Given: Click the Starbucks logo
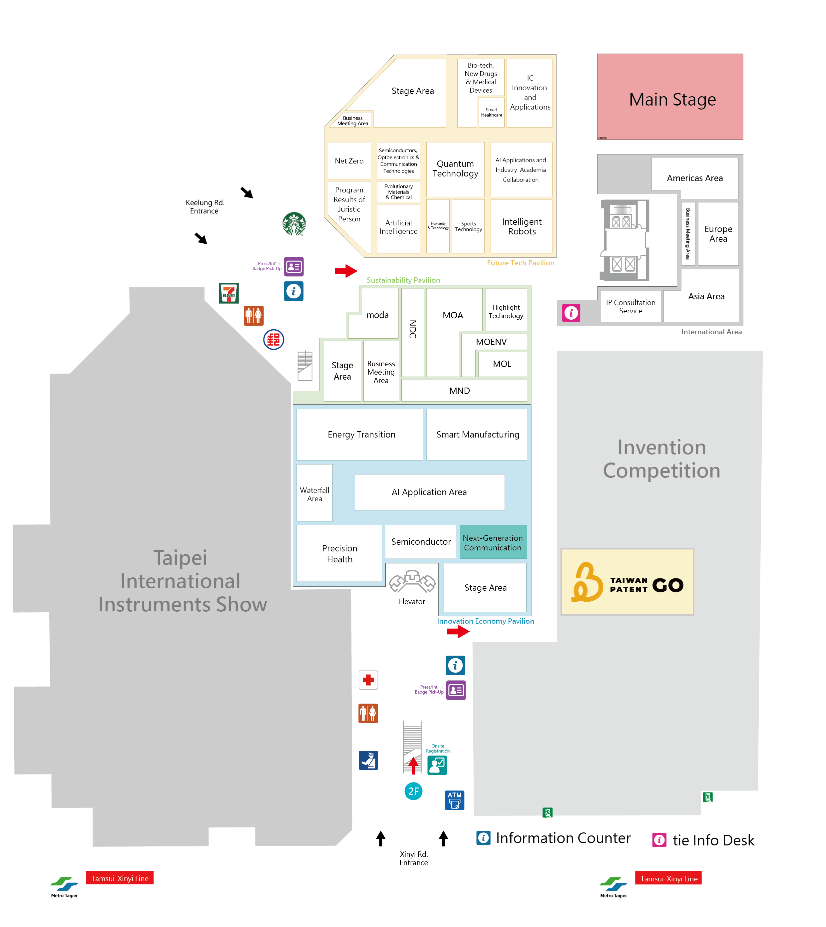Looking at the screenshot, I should click(x=294, y=224).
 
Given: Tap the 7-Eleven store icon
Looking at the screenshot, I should click(x=229, y=293).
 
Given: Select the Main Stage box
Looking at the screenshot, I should click(x=670, y=97).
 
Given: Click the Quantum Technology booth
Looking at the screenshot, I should click(x=455, y=169).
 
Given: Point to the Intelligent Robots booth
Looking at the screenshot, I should click(x=522, y=226).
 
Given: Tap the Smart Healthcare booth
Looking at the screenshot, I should click(x=492, y=113).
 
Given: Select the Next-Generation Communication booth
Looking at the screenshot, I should click(x=493, y=542).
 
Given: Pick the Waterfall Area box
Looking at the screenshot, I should click(x=314, y=494).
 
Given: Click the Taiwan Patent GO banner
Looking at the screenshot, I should click(x=627, y=582).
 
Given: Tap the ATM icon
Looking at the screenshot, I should click(x=454, y=800).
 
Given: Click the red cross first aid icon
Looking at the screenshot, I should click(x=368, y=680).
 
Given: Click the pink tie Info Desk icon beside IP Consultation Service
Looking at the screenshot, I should click(x=571, y=313).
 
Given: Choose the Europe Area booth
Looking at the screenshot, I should click(x=718, y=234).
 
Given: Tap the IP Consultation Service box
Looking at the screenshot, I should click(x=630, y=306).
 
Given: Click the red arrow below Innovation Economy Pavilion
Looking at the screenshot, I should click(x=458, y=631).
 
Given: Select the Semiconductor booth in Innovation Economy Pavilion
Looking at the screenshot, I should click(x=421, y=542).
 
